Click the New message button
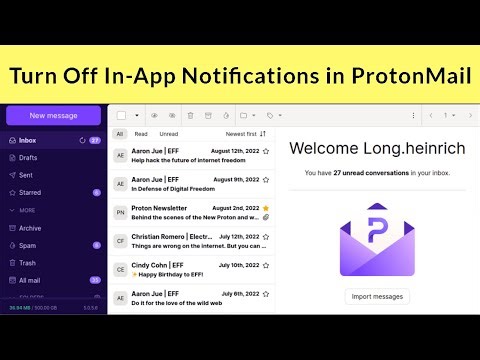pos(53,115)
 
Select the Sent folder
pos(26,175)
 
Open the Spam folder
pos(28,245)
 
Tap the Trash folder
pos(28,262)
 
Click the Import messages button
pos(377,296)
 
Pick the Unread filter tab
pos(169,133)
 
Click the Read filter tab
pos(141,133)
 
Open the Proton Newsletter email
pos(190,216)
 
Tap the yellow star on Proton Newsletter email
pos(266,207)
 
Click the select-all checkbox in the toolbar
pos(121,115)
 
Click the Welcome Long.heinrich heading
pos(377,148)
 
